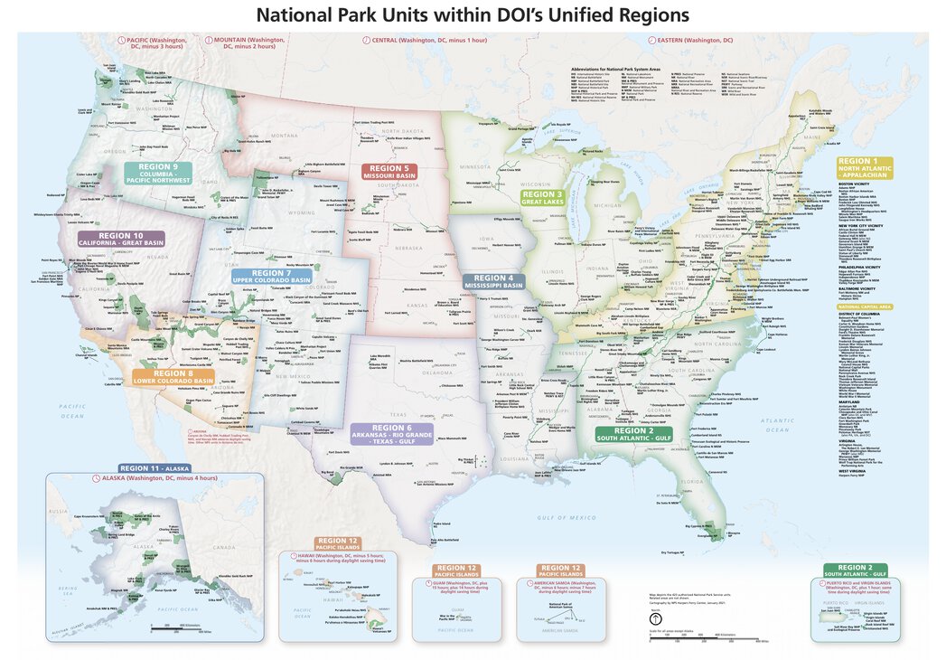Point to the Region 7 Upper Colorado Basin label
click(x=270, y=276)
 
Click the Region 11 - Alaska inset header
click(x=155, y=468)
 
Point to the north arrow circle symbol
click(x=655, y=618)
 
